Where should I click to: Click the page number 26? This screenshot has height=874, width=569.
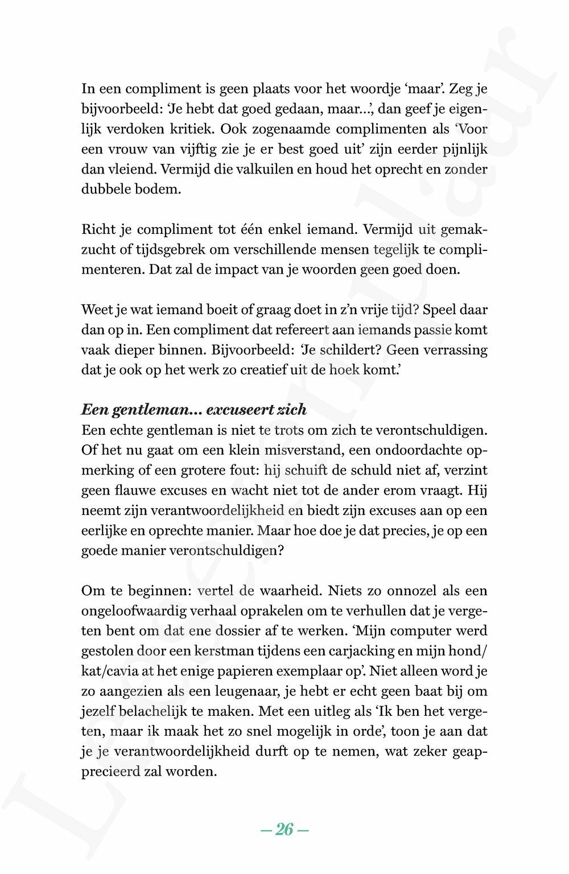click(x=284, y=830)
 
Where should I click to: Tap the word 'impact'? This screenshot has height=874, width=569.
click(x=234, y=269)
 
